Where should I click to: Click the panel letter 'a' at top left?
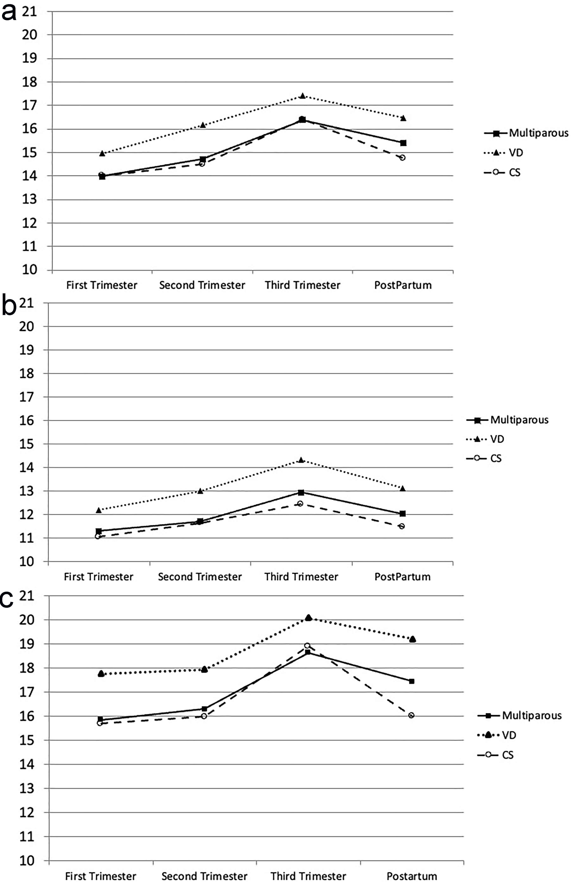pos(9,14)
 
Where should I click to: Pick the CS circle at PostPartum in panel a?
pos(403,158)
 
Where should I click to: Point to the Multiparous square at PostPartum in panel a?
pos(403,143)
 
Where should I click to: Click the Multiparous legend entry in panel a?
pos(527,133)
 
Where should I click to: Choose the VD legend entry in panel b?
pos(486,439)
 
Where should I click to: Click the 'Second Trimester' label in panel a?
pos(202,285)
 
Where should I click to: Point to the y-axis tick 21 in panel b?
pos(26,303)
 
